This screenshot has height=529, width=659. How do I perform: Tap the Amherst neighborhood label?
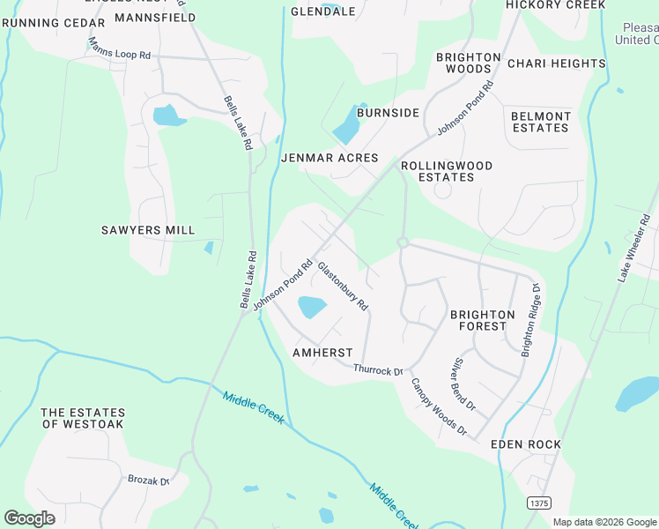322,352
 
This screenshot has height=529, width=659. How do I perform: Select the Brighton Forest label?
482,320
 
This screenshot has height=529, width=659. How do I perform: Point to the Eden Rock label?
526,444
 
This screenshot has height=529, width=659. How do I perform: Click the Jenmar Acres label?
329,159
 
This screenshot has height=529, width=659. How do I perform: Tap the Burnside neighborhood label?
388,113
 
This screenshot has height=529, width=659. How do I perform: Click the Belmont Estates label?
541,122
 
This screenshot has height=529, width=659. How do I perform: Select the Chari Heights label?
557,63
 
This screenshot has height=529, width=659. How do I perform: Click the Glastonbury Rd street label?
343,286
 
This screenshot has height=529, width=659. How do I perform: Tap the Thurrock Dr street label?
377,371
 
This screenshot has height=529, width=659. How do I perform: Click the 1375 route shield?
540,502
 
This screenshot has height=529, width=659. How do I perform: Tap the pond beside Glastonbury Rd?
312,308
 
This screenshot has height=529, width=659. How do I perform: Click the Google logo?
30,518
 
